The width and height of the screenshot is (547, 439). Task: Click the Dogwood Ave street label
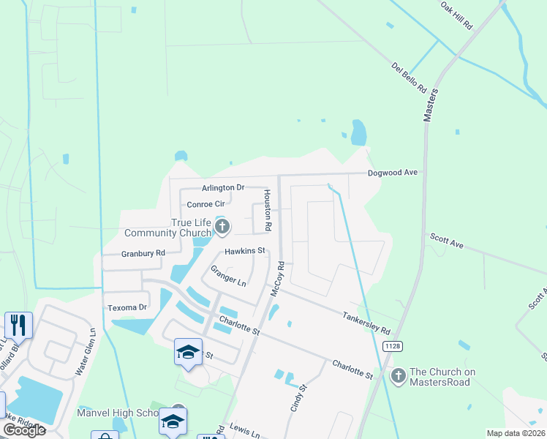coord(393,173)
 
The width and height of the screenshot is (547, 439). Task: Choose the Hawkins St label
coord(244,252)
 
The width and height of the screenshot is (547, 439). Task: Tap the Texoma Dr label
coord(127,307)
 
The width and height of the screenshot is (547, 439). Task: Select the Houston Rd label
coord(268,211)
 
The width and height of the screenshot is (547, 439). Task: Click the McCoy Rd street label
coord(276,279)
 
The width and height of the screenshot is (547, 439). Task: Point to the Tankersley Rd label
coord(366,321)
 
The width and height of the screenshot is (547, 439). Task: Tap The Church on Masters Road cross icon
coord(398,377)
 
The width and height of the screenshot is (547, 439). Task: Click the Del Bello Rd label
coord(409,78)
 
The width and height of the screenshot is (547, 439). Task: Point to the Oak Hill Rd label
coord(457,15)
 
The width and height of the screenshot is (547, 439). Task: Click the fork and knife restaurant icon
coord(18,324)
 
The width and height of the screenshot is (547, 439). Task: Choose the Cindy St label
coord(295,397)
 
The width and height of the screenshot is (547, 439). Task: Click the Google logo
coord(24,430)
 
